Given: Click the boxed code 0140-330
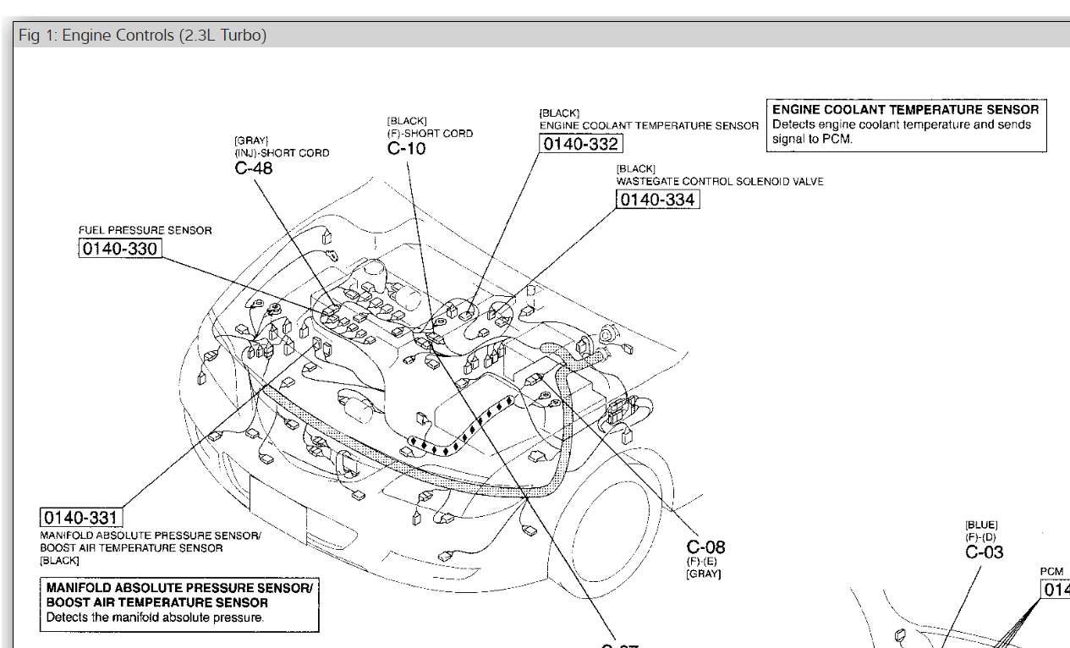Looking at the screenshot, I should tap(119, 248).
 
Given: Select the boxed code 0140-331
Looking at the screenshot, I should tap(81, 517).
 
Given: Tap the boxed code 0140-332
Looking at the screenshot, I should tap(580, 144).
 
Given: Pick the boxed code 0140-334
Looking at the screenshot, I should tap(657, 200).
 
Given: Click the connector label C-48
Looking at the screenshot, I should tap(254, 167).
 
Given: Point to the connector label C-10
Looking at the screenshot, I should tap(407, 149).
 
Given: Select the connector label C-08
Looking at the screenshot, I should tap(705, 547).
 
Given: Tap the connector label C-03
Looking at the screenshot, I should tap(984, 552).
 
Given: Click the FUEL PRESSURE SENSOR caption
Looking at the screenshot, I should tap(145, 230).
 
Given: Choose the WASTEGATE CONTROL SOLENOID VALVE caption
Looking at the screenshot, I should tap(720, 182).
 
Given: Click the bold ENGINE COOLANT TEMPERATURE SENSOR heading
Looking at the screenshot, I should tap(905, 110).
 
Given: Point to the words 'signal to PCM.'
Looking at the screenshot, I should tap(812, 140).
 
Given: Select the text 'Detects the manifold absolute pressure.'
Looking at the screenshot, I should tap(155, 618).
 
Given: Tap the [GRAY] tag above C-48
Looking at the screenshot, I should tap(251, 140).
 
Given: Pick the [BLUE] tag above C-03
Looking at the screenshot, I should tap(981, 525).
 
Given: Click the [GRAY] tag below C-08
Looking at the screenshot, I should tap(703, 574).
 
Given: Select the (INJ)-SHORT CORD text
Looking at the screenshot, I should tap(282, 153).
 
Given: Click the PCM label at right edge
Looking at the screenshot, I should tap(1052, 572).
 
